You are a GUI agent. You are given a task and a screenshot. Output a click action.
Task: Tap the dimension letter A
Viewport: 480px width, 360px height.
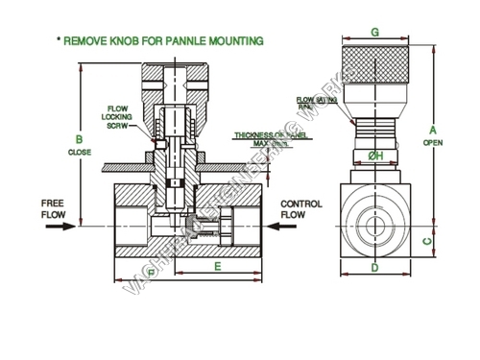tap(433, 130)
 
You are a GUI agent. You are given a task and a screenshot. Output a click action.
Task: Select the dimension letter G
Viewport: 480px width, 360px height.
tap(374, 32)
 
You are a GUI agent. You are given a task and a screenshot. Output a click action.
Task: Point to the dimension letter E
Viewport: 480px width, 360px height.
tap(218, 266)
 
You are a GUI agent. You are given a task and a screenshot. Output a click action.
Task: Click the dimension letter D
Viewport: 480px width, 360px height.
tap(374, 268)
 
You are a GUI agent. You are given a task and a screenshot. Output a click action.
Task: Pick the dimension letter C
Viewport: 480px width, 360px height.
tap(427, 241)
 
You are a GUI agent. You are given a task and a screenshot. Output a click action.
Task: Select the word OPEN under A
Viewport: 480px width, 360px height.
tap(433, 143)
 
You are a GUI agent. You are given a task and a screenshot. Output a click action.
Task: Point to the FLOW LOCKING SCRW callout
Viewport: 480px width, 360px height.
tap(116, 116)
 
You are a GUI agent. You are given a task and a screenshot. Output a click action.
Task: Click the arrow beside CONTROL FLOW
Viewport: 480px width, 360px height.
tap(284, 228)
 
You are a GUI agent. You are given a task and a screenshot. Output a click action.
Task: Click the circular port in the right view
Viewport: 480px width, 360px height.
tap(374, 228)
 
